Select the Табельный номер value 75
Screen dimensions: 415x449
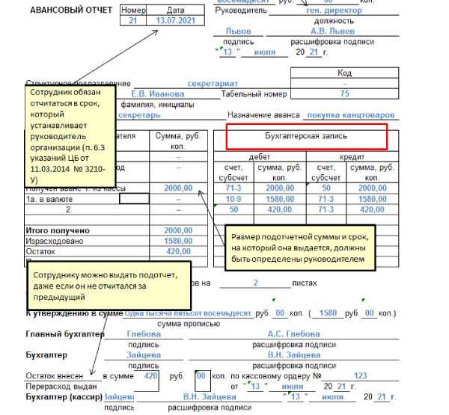344,94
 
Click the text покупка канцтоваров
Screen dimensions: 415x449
351,116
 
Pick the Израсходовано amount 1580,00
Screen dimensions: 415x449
177,242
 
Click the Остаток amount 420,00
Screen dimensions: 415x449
177,253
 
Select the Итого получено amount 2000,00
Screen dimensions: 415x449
177,230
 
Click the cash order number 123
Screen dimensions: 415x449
360,376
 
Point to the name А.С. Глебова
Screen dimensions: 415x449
293,333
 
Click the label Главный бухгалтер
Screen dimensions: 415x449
63,333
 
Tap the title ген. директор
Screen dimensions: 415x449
334,10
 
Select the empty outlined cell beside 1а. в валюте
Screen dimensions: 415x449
134,199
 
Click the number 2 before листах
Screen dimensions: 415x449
255,283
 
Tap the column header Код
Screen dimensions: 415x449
344,73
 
